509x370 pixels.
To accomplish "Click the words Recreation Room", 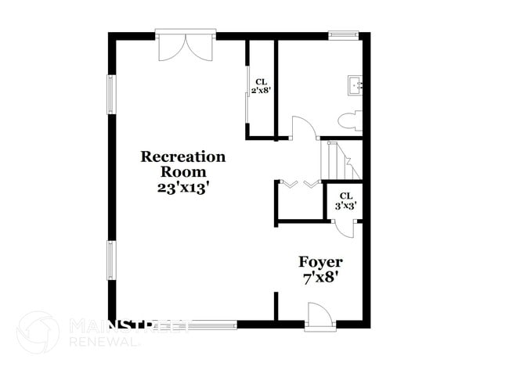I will [182, 163].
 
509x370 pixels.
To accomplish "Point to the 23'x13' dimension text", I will [182, 188].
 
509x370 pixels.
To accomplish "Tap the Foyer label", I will [319, 262].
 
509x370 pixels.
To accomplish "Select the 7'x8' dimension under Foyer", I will [319, 278].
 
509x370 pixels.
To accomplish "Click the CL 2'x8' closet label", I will [261, 86].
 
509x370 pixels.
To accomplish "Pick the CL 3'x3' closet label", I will [346, 201].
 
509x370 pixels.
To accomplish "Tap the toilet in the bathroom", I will [349, 120].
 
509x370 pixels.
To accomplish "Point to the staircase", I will [341, 160].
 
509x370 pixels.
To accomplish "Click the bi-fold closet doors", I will [300, 185].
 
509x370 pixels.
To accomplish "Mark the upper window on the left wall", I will [112, 95].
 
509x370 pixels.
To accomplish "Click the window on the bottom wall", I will [205, 324].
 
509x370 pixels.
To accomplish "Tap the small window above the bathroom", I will [343, 34].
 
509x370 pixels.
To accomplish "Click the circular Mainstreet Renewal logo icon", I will [37, 332].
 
